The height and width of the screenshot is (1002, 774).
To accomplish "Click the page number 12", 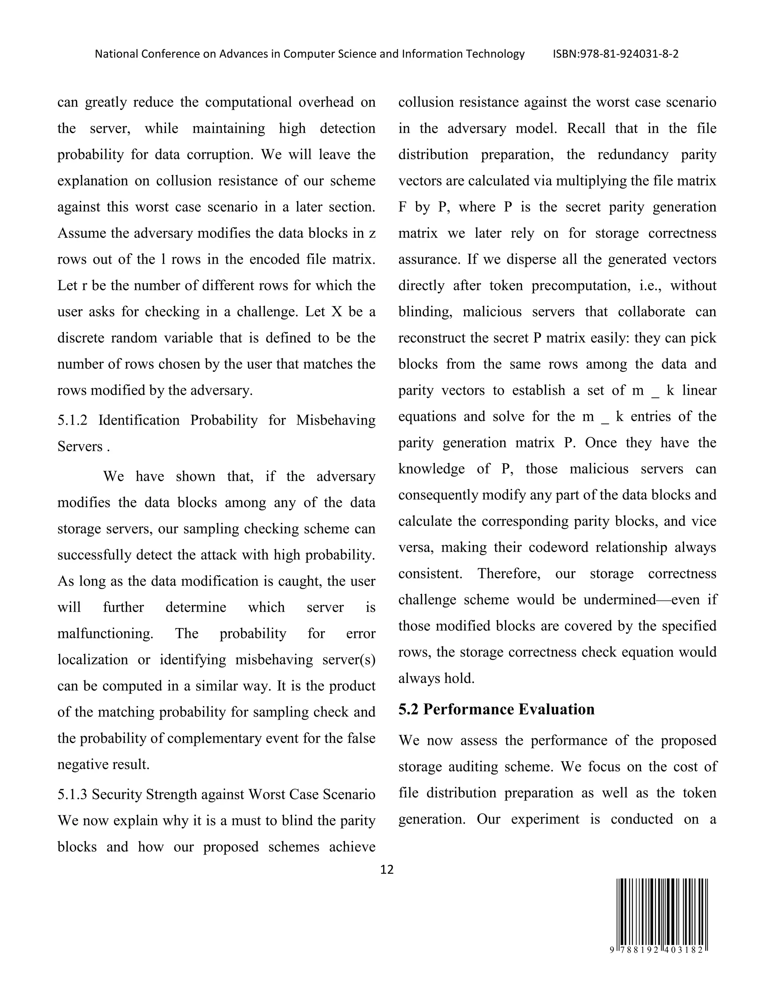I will click(387, 869).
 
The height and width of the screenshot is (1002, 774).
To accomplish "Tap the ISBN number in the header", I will click(615, 54).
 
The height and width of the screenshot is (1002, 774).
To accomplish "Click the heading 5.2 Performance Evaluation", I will click(496, 709).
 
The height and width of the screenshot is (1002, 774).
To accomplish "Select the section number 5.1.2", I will click(72, 420).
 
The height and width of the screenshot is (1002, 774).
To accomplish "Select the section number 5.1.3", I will click(72, 794).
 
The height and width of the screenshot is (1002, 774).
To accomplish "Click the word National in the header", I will click(116, 54).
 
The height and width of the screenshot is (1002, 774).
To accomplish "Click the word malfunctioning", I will click(105, 634).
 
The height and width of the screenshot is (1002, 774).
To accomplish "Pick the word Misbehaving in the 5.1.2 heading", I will click(335, 420).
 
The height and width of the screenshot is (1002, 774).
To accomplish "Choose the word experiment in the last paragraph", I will click(545, 819).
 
